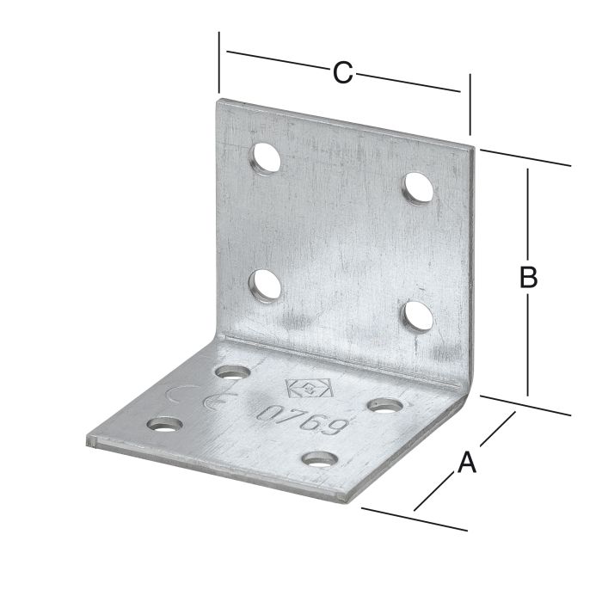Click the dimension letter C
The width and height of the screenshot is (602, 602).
pyautogui.click(x=342, y=73)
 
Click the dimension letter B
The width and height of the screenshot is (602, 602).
pyautogui.click(x=528, y=278)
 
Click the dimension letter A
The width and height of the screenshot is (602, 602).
pyautogui.click(x=467, y=462)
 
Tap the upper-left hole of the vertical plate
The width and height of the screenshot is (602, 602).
pyautogui.click(x=265, y=157)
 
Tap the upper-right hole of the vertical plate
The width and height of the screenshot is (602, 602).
pyautogui.click(x=418, y=187)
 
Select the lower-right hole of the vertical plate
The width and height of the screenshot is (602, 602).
pyautogui.click(x=418, y=316)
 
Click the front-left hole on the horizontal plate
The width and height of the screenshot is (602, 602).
pyautogui.click(x=165, y=425)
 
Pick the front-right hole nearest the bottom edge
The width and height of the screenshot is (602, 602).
pyautogui.click(x=319, y=459)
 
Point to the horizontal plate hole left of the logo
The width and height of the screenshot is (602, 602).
pyautogui.click(x=233, y=372)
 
